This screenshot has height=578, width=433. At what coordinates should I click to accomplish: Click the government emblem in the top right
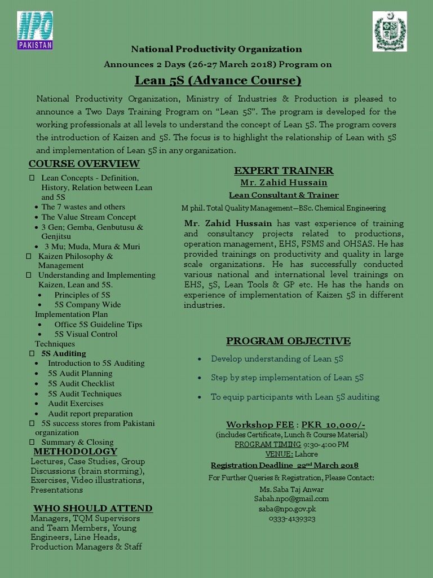(x=390, y=32)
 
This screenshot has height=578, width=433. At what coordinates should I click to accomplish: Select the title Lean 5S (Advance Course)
(x=210, y=80)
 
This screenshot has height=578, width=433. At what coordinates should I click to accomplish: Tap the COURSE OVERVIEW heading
(x=84, y=164)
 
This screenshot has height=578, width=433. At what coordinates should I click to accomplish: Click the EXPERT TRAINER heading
(x=284, y=170)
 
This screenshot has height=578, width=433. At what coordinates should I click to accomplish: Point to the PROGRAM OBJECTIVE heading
(x=288, y=341)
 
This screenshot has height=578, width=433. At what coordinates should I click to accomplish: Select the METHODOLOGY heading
(x=75, y=452)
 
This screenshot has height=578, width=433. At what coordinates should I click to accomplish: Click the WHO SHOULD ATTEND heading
(x=92, y=509)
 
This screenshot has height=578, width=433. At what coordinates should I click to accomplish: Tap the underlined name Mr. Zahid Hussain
(x=284, y=183)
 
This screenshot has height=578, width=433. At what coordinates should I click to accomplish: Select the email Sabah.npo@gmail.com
(x=291, y=499)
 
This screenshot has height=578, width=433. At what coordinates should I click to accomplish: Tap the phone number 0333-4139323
(x=291, y=519)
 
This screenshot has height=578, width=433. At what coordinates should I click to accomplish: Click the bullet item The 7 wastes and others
(x=83, y=207)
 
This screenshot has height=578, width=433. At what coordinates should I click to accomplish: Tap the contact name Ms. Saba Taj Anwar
(x=291, y=489)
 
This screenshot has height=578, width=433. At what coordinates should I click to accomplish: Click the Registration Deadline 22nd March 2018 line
(x=284, y=466)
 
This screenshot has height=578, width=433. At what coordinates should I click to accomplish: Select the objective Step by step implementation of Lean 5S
(x=287, y=378)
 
